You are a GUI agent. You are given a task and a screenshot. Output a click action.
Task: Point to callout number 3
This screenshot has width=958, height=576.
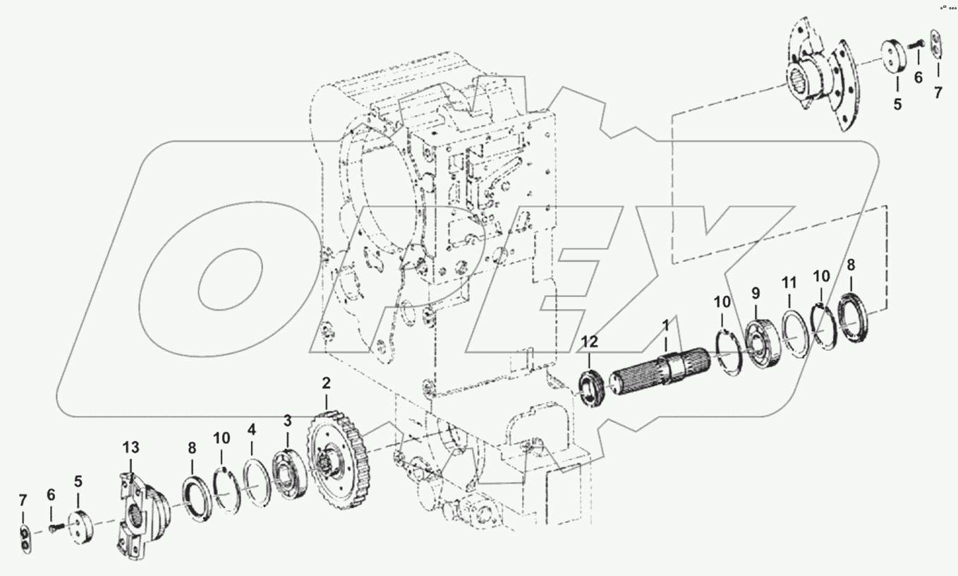coord(287,421)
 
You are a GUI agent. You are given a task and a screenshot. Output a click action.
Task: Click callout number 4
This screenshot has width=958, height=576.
coord(251,428)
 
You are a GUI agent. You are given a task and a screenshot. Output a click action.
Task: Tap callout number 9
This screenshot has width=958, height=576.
coord(756,293)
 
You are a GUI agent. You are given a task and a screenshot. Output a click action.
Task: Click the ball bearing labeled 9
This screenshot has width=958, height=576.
coord(762,344)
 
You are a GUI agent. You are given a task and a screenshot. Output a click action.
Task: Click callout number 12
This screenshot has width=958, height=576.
coord(589,342)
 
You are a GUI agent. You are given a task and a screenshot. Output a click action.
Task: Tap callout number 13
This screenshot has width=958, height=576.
coord(131,448)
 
